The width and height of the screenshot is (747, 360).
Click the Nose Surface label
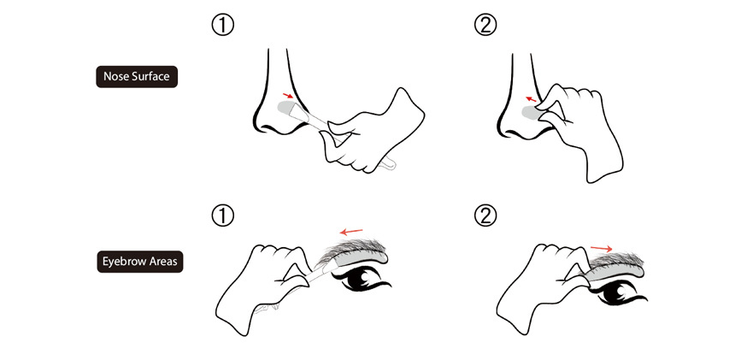[x=137, y=76]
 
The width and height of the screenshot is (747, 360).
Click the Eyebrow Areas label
[x=140, y=262]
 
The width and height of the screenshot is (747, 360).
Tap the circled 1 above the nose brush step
[x=222, y=26]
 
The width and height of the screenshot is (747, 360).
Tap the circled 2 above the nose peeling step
[x=485, y=26]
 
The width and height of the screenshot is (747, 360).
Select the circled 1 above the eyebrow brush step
[x=222, y=216]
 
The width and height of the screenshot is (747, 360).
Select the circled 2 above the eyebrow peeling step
[x=485, y=216]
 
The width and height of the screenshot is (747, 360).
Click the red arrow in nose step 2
[x=531, y=99]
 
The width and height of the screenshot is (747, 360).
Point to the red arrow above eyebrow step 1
[x=351, y=232]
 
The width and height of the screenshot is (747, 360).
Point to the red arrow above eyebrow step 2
[x=602, y=248]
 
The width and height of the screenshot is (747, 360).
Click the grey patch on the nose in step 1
[x=289, y=109]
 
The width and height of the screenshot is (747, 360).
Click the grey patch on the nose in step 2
[x=530, y=113]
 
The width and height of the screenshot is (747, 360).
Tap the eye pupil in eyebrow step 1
[x=362, y=279]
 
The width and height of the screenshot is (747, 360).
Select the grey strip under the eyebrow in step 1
[x=360, y=258]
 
